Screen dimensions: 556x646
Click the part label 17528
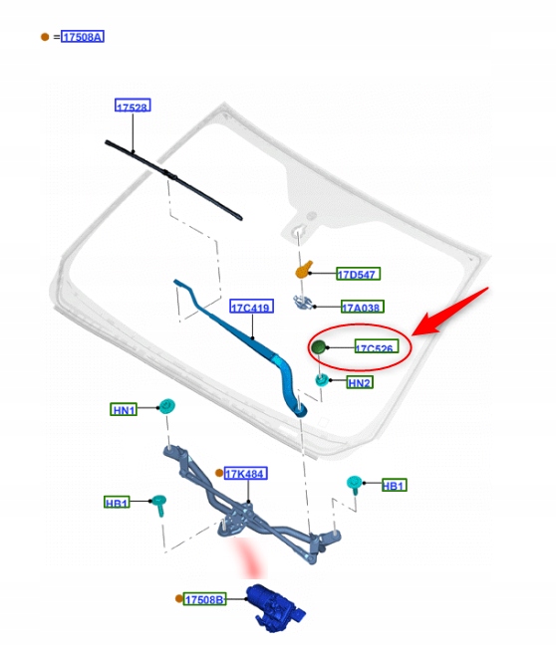click(x=133, y=106)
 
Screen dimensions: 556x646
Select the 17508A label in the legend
click(x=83, y=37)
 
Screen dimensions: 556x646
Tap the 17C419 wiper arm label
click(x=251, y=307)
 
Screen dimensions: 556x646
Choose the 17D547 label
click(x=358, y=274)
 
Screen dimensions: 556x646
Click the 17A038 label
click(x=363, y=307)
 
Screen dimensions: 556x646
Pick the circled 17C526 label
click(x=377, y=347)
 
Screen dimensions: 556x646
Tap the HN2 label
click(x=360, y=383)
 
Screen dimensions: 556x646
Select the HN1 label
click(x=124, y=409)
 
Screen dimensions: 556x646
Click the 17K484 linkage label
click(x=246, y=474)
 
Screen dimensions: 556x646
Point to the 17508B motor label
click(x=205, y=599)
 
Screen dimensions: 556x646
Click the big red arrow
click(x=450, y=312)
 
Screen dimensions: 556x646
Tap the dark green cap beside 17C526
click(x=319, y=347)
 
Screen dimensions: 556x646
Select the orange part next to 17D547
click(x=304, y=270)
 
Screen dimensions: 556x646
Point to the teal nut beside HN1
click(x=167, y=406)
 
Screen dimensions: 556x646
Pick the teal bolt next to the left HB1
click(x=159, y=505)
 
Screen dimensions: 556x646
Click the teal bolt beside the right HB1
click(x=355, y=484)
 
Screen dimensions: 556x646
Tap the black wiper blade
click(x=173, y=180)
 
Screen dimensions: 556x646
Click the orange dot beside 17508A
click(x=45, y=37)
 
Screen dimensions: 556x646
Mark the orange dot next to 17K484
click(x=219, y=473)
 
